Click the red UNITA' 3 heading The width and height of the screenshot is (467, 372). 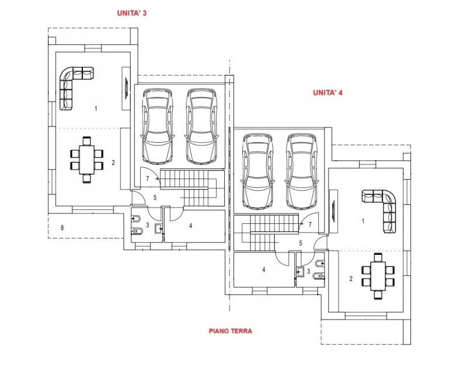click(132, 13)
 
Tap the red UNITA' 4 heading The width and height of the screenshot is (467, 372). click(327, 93)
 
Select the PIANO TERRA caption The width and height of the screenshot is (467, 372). click(231, 331)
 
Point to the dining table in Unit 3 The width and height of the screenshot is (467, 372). click(86, 160)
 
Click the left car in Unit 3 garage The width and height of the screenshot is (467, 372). click(158, 126)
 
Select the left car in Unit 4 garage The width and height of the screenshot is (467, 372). click(258, 171)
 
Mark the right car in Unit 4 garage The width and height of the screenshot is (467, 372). click(301, 171)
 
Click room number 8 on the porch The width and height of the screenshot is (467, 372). click(62, 228)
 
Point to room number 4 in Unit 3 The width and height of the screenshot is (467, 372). click(191, 226)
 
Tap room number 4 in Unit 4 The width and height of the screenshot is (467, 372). click(264, 269)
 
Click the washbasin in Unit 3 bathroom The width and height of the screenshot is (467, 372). click(159, 229)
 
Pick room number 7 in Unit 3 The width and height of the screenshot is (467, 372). click(148, 179)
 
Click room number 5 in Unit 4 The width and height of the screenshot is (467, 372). click(301, 243)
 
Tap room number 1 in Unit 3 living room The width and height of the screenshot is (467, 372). click(96, 108)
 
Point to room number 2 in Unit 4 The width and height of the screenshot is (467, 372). click(351, 279)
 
